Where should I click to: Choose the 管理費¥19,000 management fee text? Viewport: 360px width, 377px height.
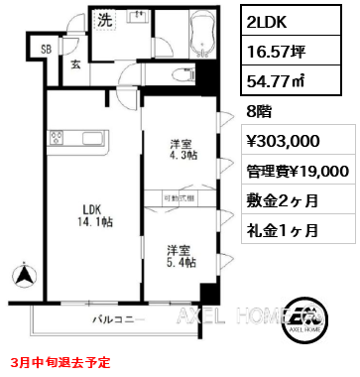tap(299, 170)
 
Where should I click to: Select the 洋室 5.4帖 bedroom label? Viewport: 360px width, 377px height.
tap(180, 255)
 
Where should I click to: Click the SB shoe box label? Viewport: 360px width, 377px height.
tap(46, 50)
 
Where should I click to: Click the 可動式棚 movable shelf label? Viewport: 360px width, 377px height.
tap(180, 198)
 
